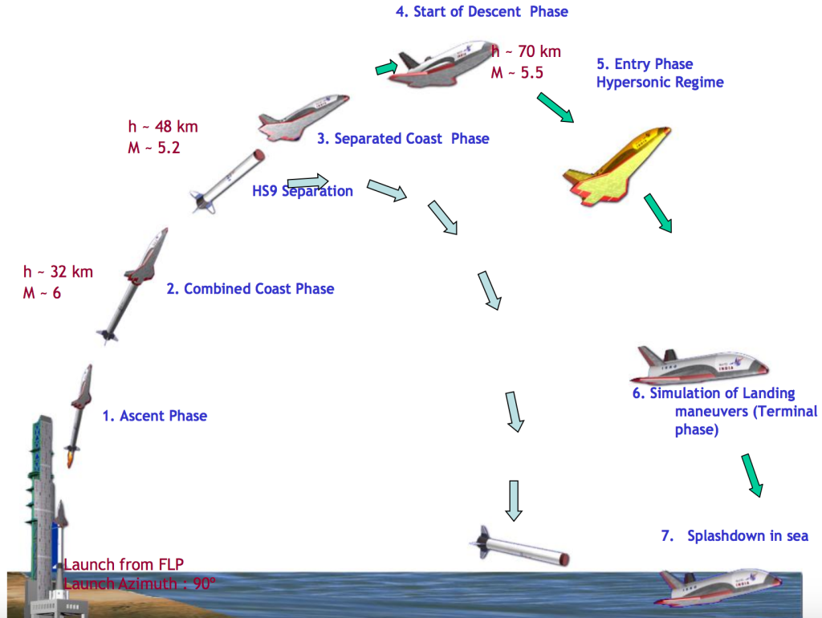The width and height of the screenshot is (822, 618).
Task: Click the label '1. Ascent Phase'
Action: [x=154, y=416]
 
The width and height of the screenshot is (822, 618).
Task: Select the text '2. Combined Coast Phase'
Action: [x=250, y=289]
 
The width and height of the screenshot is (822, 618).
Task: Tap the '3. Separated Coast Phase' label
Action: [x=403, y=139]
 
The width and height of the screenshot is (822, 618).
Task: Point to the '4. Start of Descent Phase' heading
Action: [x=482, y=12]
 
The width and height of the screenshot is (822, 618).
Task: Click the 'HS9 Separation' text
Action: [x=303, y=191]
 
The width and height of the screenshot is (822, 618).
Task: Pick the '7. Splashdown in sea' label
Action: [x=735, y=536]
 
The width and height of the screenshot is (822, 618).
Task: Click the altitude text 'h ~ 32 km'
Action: [x=58, y=271]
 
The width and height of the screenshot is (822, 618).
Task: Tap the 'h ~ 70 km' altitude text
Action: [x=526, y=51]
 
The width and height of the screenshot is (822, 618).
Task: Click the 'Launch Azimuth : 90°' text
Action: [x=140, y=583]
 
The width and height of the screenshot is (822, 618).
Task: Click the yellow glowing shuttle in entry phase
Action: [x=617, y=166]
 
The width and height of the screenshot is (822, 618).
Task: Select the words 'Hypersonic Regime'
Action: [x=660, y=83]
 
